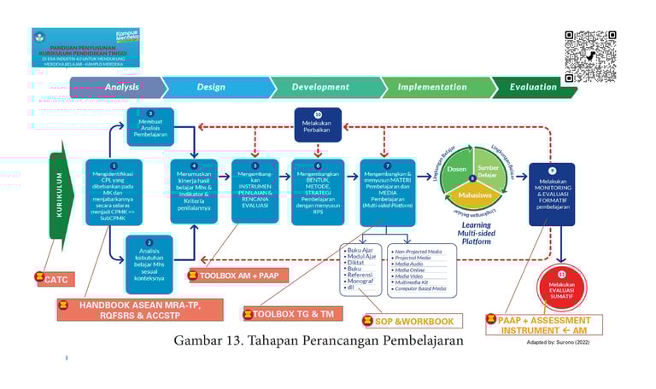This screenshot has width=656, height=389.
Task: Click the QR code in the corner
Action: (x=590, y=56)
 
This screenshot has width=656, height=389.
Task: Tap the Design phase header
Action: (x=212, y=87)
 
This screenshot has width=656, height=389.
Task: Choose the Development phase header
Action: (x=320, y=87)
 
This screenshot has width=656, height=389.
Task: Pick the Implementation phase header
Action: (x=432, y=87)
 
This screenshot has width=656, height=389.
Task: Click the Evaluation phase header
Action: (x=533, y=87)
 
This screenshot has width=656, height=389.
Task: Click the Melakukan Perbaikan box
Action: (x=318, y=125)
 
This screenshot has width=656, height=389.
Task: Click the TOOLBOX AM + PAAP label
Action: (x=244, y=276)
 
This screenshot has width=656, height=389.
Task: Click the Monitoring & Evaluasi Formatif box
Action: (x=552, y=194)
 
